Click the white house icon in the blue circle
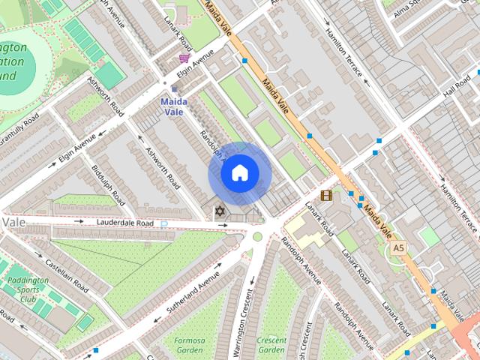(x=239, y=173)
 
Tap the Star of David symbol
(x=220, y=212)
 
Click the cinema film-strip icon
(x=325, y=196)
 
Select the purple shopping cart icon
(x=184, y=58)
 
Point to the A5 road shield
(x=397, y=247)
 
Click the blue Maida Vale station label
(x=173, y=106)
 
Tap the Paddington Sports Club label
(x=28, y=289)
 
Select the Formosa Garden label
(x=189, y=344)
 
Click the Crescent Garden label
(x=271, y=344)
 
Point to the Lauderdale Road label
(x=124, y=223)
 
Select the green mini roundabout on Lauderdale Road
(x=257, y=236)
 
